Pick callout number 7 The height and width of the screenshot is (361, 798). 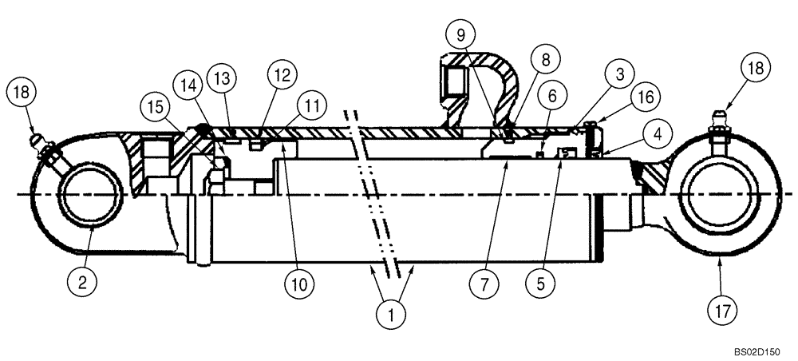[x=484, y=283]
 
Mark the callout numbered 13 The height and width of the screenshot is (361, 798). [x=221, y=79]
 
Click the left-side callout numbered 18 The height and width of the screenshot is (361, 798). [x=22, y=91]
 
